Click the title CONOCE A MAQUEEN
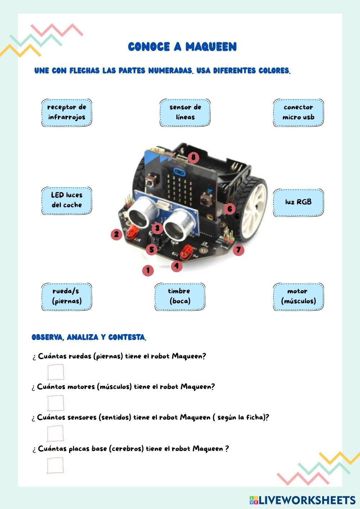pos(182,47)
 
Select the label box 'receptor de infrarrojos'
pos(67,112)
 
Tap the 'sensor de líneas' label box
pos(185,112)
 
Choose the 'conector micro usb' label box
pos(298,112)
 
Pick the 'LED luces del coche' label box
pos(67,200)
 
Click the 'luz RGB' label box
pos(298,202)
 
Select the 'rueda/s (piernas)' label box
pos(67,296)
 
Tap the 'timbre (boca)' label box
pos(180,296)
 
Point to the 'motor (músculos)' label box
pos(298,296)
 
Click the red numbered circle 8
pos(193,157)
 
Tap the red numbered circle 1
pos(148,271)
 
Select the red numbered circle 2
pos(116,235)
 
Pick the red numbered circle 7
pos(238,250)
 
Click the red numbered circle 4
pos(176,266)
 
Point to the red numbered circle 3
pos(157,228)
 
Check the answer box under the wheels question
pos(55,372)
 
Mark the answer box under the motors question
pos(55,403)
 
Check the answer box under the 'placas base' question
pos(55,465)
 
